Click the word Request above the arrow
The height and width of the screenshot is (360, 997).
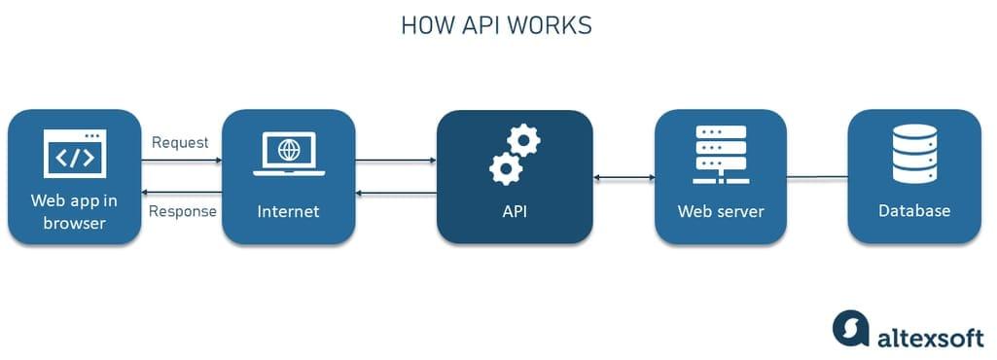[180, 142]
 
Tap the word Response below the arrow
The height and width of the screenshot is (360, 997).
[182, 212]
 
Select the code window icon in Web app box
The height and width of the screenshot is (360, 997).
[75, 155]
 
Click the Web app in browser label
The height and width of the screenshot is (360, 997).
[75, 213]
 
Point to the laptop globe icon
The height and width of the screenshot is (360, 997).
[287, 154]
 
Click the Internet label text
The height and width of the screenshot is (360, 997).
[287, 211]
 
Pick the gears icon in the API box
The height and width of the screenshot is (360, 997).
[514, 156]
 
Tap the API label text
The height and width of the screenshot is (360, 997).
[514, 211]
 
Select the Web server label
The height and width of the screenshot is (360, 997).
[720, 211]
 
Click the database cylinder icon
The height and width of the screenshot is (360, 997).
[914, 154]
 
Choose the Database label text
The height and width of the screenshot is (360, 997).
[914, 211]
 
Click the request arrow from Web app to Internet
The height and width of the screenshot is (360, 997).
[182, 160]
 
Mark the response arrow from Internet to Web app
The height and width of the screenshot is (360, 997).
[182, 194]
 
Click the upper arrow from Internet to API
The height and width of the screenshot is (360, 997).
[396, 160]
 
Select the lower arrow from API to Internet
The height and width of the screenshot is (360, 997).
[396, 194]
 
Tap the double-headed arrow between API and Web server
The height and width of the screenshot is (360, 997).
[623, 177]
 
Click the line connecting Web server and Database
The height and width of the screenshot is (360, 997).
[817, 177]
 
